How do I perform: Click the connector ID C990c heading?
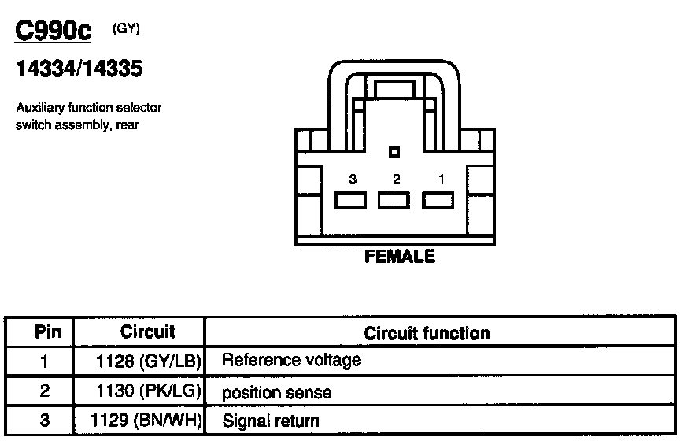tap(54, 32)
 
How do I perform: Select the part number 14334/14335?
tap(79, 69)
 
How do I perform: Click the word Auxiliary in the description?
tap(41, 107)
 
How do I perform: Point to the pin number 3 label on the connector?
tap(352, 180)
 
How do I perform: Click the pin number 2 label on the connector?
tap(396, 180)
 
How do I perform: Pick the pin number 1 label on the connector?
tap(441, 180)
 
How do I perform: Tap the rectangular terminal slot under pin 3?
tap(350, 201)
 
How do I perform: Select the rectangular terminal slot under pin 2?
tap(394, 201)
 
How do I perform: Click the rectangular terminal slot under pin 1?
tap(438, 201)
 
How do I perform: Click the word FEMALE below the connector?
tap(400, 257)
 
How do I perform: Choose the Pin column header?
tap(44, 332)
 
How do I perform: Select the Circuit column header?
tap(147, 332)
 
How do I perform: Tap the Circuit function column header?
tap(427, 333)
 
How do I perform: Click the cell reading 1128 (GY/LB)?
tap(147, 361)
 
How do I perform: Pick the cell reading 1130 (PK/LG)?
tap(147, 391)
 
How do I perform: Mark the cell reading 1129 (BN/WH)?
tap(147, 421)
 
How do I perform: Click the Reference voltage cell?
tap(292, 361)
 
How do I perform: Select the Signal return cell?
tap(272, 421)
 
